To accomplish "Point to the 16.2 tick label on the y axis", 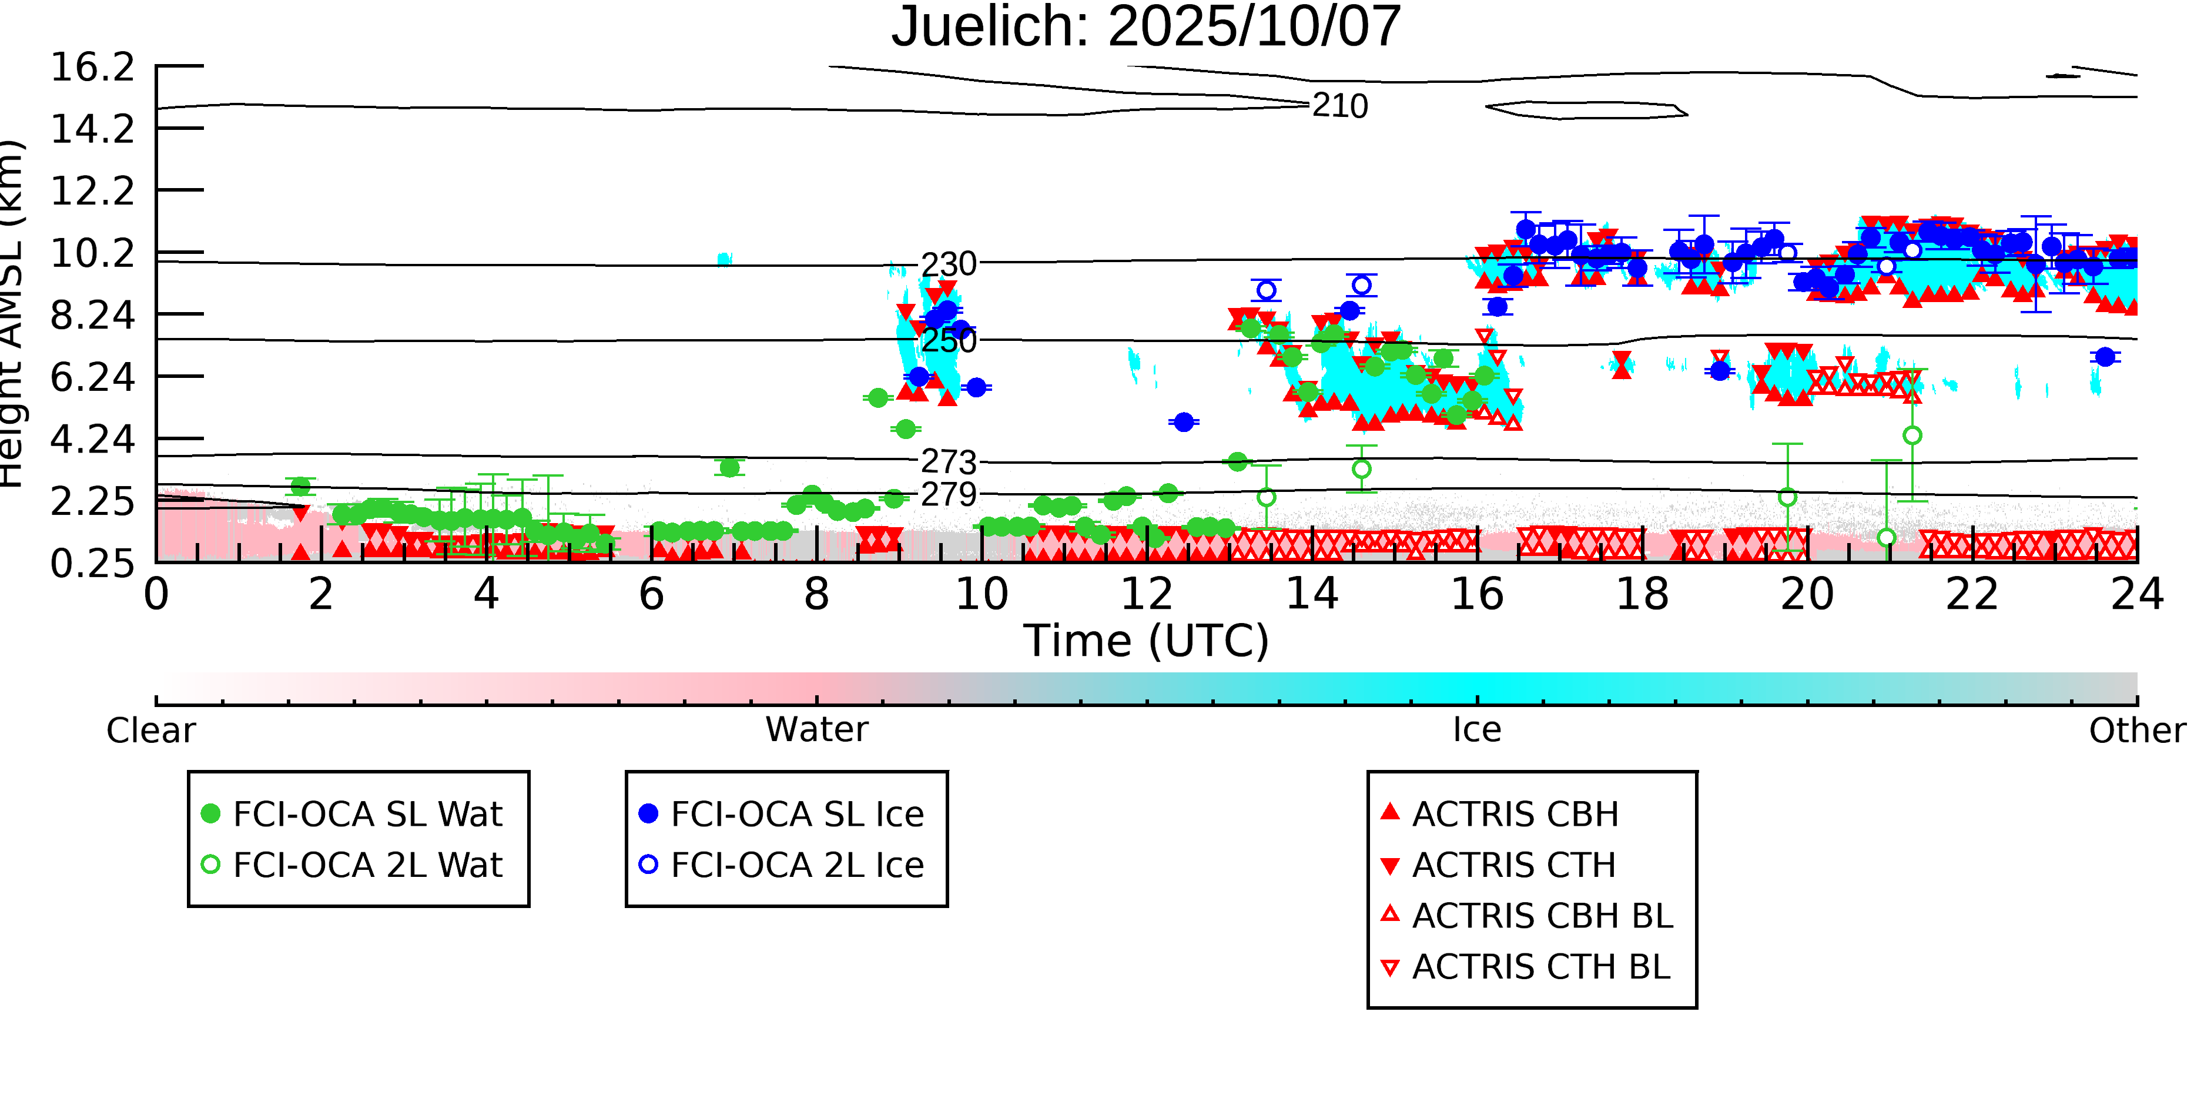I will pos(92,68).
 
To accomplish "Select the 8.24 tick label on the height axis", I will pos(92,316).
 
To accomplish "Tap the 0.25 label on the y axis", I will pos(92,564).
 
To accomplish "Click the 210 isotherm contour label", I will pos(1340,106).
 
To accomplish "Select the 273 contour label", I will pos(948,462).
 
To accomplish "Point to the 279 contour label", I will pos(948,494).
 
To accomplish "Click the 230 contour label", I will pos(948,264).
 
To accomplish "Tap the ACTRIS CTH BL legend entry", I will pos(1540,967).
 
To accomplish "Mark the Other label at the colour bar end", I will pos(2136,731).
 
